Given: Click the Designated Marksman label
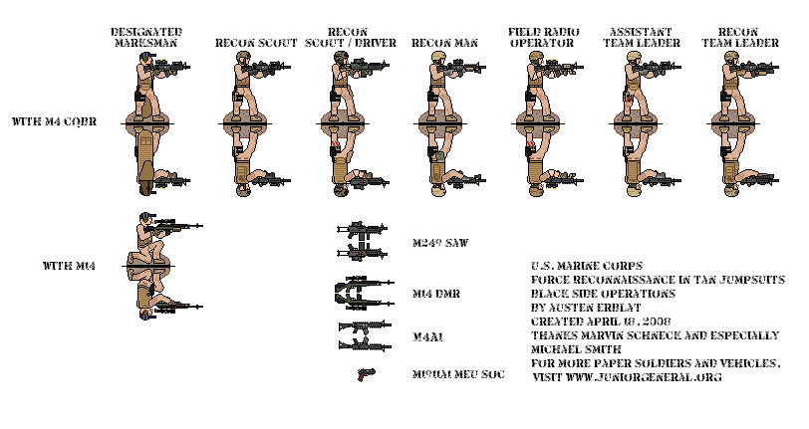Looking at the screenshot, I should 145,38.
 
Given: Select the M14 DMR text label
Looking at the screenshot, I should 435,295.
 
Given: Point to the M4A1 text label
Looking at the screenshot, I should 428,338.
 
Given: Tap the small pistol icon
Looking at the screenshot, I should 365,374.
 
